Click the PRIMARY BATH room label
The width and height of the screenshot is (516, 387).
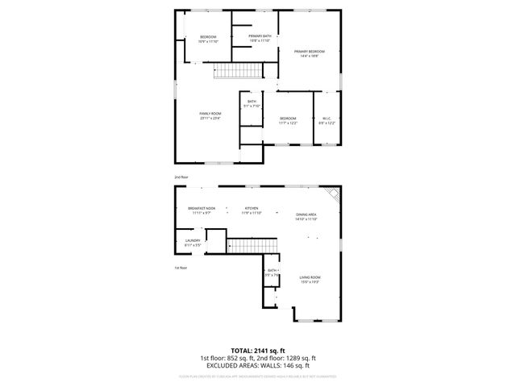(260, 38)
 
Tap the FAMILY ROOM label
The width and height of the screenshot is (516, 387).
(210, 116)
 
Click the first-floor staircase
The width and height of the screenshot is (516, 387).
(252, 243)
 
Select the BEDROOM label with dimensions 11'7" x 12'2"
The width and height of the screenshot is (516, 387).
(288, 121)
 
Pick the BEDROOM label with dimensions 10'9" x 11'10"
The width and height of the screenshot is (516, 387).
(208, 40)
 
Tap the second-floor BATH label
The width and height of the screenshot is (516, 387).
(252, 103)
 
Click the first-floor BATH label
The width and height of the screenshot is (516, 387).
(272, 273)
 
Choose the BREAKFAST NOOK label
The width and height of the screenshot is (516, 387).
(201, 210)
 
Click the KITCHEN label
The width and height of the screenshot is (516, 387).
(252, 210)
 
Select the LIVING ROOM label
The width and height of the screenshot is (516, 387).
(310, 279)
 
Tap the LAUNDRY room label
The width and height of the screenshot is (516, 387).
(192, 242)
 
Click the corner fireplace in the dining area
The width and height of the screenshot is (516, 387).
(333, 195)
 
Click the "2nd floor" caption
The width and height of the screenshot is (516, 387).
(181, 176)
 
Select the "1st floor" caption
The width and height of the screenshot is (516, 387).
(181, 268)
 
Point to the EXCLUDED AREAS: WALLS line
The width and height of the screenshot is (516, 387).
(258, 365)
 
